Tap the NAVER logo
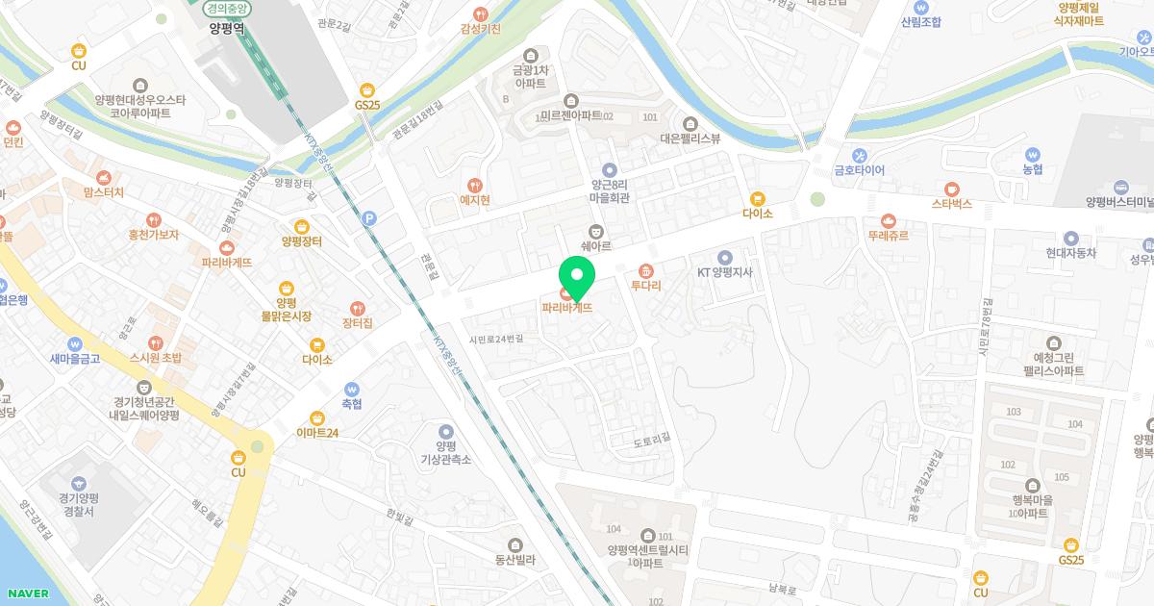(x=26, y=593)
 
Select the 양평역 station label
(x=226, y=29)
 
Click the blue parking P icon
(x=368, y=218)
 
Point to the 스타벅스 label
(x=952, y=204)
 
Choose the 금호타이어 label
(x=860, y=170)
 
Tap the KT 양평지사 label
(x=724, y=271)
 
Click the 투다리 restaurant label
(x=645, y=285)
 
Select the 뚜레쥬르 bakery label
(x=888, y=235)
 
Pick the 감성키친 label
(x=481, y=29)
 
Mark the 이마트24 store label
(x=317, y=433)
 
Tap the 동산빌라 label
(x=514, y=558)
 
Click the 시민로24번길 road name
(x=496, y=340)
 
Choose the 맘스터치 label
(x=104, y=192)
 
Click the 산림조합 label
(x=921, y=21)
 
